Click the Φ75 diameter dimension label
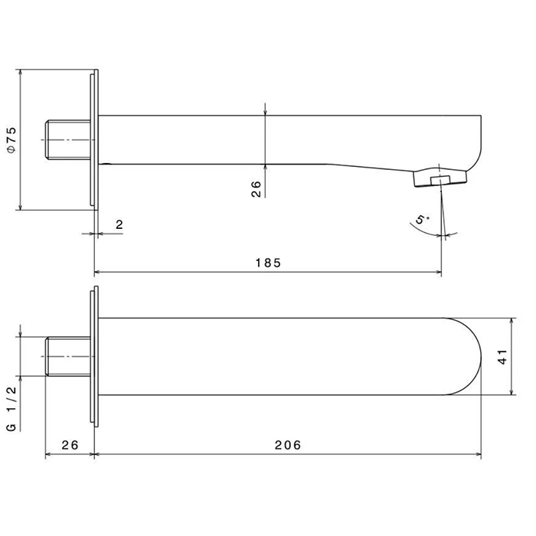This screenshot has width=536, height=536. [x=11, y=140]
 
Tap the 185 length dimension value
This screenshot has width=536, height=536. [x=268, y=263]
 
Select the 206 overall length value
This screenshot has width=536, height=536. [x=288, y=445]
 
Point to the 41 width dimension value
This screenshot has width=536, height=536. [x=503, y=357]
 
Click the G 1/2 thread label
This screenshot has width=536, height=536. [x=11, y=409]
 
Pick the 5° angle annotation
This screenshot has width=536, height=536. [x=423, y=219]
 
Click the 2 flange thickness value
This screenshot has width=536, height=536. [x=119, y=224]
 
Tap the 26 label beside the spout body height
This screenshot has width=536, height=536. [x=256, y=189]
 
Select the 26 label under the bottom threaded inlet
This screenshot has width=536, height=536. [x=70, y=445]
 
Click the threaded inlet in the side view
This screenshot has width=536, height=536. [x=68, y=140]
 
